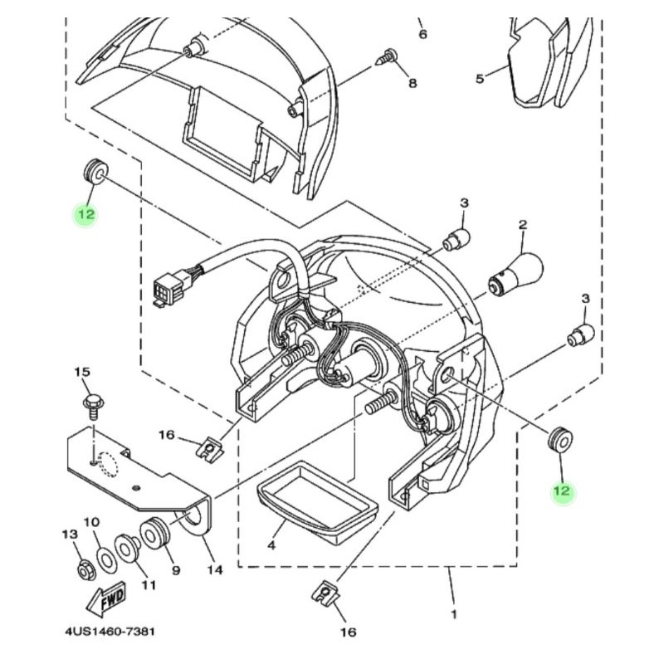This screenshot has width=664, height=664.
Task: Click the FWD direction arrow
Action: [106, 599]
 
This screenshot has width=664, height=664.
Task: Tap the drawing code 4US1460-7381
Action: [110, 632]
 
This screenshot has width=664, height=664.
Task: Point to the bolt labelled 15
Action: [93, 406]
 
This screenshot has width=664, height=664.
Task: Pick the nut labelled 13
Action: [87, 571]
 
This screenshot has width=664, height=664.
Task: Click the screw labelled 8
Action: [388, 56]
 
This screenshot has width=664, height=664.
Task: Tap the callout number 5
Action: [480, 79]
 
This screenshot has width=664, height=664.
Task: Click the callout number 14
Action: [215, 570]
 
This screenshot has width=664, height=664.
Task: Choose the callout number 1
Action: [454, 614]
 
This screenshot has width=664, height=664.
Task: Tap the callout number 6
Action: [423, 34]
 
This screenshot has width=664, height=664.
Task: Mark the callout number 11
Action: [149, 585]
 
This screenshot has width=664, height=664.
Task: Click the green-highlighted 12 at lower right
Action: [562, 491]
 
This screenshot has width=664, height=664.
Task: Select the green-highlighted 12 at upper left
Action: [85, 214]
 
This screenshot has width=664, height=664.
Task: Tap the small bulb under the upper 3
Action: [456, 241]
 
